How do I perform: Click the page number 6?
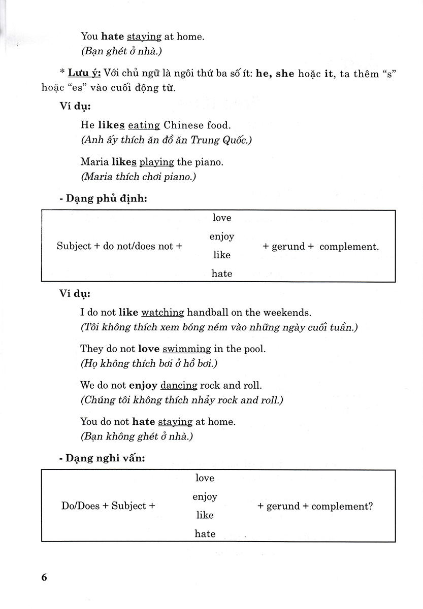pyautogui.click(x=44, y=578)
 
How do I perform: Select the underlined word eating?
pyautogui.click(x=144, y=125)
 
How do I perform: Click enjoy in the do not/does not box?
pyautogui.click(x=222, y=236)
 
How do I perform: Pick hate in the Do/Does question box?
pyautogui.click(x=205, y=533)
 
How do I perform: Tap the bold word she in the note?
pyautogui.click(x=285, y=74)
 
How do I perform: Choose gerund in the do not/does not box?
pyautogui.click(x=288, y=247)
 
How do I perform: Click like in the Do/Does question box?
pyautogui.click(x=205, y=515)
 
